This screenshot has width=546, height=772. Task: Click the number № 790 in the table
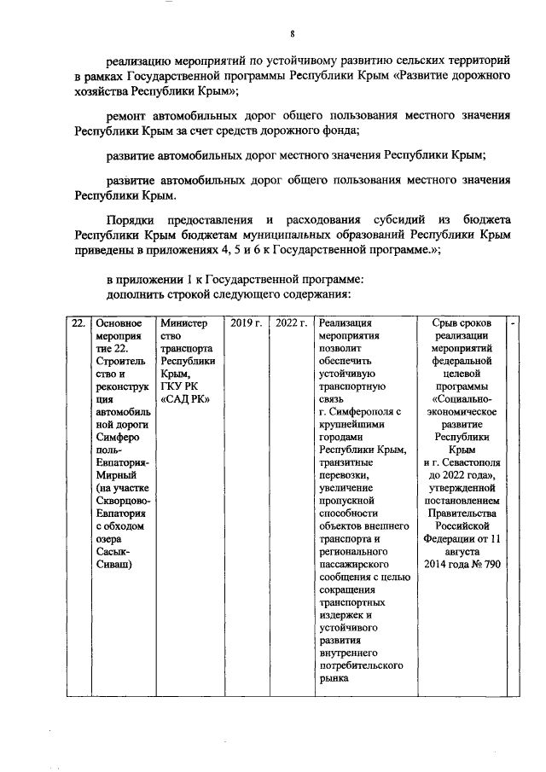coord(485,564)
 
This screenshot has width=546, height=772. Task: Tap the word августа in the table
coord(462,551)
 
